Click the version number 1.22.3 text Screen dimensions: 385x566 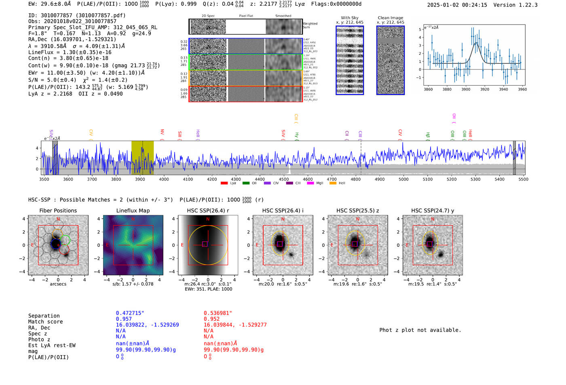pos(524,5)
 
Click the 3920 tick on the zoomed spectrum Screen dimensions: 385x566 pos(484,89)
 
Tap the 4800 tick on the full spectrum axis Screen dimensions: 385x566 pos(356,179)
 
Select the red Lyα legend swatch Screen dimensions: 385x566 pos(224,183)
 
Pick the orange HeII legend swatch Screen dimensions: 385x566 pos(333,183)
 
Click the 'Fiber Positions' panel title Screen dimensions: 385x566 pos(58,210)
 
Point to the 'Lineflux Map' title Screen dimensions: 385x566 pos(133,210)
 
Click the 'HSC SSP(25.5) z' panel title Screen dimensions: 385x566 pos(357,210)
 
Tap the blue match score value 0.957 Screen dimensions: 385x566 pos(124,319)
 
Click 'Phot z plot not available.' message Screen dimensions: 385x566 pos(420,330)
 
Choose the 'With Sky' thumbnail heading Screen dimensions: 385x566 pos(350,18)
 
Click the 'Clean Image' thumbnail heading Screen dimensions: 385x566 pos(390,18)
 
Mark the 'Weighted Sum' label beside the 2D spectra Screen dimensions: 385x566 pos(310,25)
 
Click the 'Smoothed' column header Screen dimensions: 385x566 pos(283,16)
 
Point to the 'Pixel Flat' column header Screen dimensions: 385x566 pos(246,16)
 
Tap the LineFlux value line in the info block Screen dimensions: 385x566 pos(70,52)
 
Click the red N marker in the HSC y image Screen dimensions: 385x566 pos(433,219)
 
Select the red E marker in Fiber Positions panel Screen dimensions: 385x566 pos(32,245)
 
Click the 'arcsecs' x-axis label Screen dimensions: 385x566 pos(58,284)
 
